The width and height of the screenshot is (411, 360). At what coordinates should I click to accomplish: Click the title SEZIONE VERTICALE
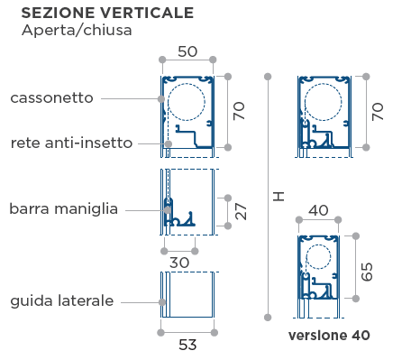(107, 13)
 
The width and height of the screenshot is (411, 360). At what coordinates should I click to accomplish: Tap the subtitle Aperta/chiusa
(77, 31)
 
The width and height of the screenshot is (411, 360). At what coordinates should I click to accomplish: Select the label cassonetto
(51, 98)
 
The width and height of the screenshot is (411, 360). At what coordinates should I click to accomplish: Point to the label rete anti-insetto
(71, 143)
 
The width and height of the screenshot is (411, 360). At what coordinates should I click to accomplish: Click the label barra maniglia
(64, 209)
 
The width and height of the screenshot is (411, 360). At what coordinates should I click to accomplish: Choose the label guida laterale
(62, 301)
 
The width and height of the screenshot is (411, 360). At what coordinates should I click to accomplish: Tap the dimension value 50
(187, 51)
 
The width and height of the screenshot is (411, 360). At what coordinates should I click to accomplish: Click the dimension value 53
(187, 345)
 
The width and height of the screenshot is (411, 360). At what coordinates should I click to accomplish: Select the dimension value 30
(179, 263)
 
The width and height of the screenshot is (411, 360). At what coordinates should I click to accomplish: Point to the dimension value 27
(241, 211)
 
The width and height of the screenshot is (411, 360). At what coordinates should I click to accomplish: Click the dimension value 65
(367, 272)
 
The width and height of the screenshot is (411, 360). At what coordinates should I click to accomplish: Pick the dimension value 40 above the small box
(318, 210)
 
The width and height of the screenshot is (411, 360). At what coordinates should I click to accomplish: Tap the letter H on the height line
(279, 197)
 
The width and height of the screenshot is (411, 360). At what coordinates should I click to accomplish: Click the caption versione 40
(329, 336)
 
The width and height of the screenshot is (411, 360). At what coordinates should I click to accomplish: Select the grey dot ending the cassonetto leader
(161, 98)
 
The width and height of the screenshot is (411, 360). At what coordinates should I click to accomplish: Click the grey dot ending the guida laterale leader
(162, 302)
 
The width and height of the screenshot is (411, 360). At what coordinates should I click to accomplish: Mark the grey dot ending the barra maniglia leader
(168, 210)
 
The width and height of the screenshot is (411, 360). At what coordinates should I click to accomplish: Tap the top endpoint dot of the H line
(268, 77)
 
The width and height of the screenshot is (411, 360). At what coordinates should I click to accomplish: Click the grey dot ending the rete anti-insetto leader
(169, 143)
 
